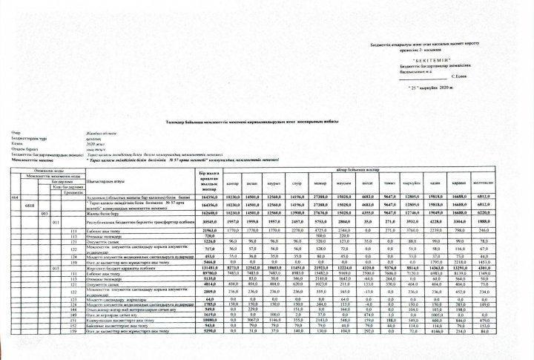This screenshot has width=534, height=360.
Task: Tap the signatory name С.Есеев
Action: (462, 76)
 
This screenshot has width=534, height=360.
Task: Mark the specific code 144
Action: (73, 308)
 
